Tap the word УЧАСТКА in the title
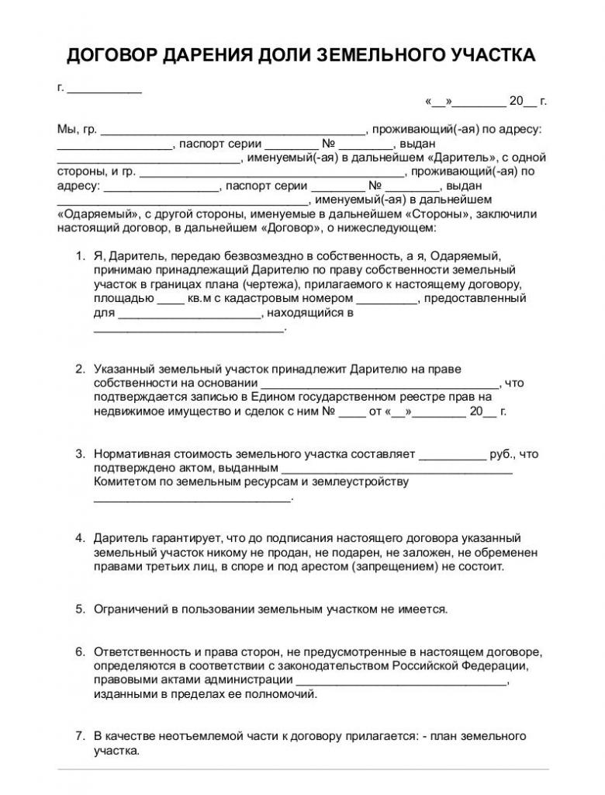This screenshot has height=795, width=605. [485, 55]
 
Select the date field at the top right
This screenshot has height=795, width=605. [486, 101]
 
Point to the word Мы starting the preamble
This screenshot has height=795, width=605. [67, 129]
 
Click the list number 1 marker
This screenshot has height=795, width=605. [79, 256]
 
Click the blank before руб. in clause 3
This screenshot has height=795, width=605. [452, 453]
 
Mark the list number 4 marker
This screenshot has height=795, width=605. [79, 538]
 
